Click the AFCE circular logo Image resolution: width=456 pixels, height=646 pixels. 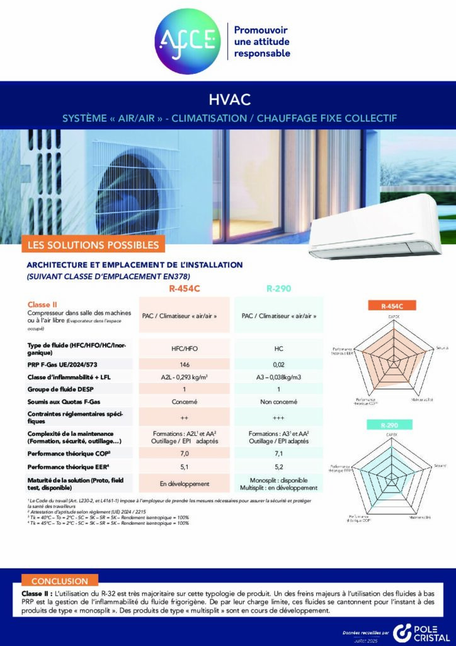pos(189,40)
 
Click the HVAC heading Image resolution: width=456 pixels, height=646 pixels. pos(228,99)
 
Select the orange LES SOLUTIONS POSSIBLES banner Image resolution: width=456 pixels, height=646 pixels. pos(93,244)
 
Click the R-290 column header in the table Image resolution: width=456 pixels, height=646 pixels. pos(278,289)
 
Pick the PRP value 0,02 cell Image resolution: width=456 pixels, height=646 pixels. pos(278,364)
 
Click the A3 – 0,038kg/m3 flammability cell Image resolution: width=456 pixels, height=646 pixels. pos(278,377)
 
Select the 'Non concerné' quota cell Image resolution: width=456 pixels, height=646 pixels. pos(278,401)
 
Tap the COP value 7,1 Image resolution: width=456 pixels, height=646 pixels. pos(278,453)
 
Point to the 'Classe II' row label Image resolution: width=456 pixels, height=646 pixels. pos(40,305)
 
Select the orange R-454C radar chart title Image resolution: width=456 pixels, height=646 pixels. pos(392,306)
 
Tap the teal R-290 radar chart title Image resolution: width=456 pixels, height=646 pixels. pos(392,425)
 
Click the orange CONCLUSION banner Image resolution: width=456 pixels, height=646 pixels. pos(60,580)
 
